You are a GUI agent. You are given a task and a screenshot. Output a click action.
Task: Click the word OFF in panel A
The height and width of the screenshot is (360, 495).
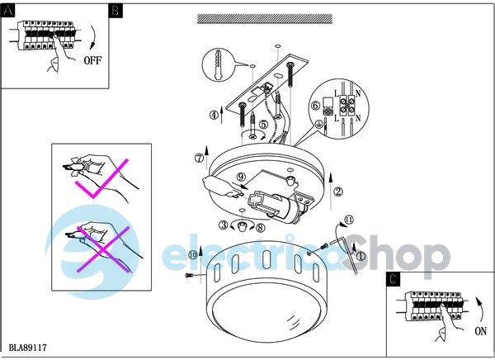click(92, 60)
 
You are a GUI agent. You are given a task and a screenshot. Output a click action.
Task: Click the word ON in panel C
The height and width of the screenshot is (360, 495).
click(480, 331)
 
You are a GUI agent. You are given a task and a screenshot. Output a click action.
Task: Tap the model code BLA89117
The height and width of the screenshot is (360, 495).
click(28, 348)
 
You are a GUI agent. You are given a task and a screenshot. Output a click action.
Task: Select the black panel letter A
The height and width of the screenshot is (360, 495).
click(8, 11)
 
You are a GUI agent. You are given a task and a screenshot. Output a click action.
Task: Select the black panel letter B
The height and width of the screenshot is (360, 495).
click(115, 11)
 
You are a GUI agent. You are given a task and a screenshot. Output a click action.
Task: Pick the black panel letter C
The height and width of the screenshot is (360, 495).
click(393, 279)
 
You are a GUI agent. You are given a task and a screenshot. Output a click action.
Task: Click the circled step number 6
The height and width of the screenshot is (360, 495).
click(316, 105)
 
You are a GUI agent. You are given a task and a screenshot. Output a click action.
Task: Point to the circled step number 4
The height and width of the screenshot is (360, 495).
click(214, 115)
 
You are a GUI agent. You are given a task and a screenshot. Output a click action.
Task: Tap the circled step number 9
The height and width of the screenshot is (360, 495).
click(241, 177)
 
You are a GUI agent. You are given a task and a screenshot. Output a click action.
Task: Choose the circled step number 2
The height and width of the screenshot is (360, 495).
click(338, 192)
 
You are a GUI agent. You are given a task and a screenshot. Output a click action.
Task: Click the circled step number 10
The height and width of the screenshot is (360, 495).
click(193, 255)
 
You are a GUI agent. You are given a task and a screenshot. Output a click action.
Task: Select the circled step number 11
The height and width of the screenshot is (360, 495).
click(349, 220)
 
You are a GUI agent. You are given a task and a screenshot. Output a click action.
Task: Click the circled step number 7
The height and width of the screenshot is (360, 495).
click(199, 158)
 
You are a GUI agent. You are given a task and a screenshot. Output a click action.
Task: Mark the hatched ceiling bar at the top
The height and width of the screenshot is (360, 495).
click(265, 19)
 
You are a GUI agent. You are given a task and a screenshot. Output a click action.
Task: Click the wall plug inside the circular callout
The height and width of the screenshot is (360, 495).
click(218, 64)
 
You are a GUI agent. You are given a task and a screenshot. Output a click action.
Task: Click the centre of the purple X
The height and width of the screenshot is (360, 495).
click(103, 249)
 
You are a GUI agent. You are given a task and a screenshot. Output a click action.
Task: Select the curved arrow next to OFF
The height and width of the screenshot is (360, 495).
click(92, 37)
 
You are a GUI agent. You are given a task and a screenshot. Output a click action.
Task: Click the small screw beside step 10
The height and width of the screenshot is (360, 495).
click(189, 276)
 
